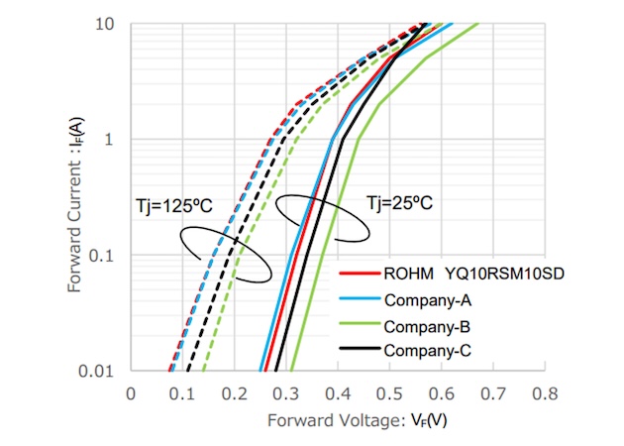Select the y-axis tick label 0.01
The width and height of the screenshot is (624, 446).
pyautogui.click(x=101, y=372)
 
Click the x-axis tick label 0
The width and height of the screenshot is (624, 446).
pyautogui.click(x=131, y=393)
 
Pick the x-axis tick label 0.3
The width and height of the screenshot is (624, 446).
pyautogui.click(x=286, y=393)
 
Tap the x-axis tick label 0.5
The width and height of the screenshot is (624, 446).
pyautogui.click(x=389, y=393)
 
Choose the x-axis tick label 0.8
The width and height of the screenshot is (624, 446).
pyautogui.click(x=545, y=393)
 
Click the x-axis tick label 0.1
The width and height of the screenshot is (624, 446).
pyautogui.click(x=182, y=393)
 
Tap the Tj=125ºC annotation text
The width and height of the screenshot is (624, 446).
pyautogui.click(x=173, y=206)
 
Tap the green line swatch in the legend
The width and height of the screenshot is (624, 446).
pyautogui.click(x=357, y=326)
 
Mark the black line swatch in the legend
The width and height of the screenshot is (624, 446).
pyautogui.click(x=357, y=351)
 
